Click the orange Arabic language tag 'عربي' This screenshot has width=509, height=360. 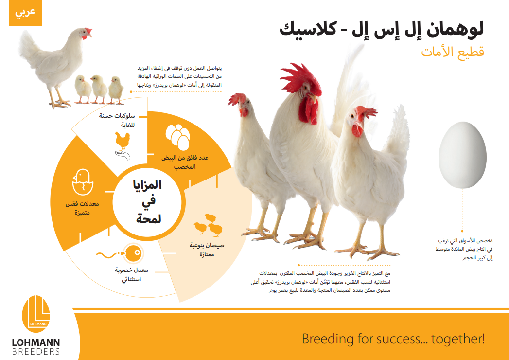[25, 13]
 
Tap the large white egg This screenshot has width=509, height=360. [462, 155]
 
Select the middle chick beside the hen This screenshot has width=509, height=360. [99, 89]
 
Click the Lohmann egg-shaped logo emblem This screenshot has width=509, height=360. [36, 314]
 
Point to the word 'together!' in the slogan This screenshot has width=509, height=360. [458, 339]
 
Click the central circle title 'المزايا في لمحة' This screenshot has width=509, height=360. [148, 202]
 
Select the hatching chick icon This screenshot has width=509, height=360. [83, 182]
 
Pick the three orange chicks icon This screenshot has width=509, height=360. [208, 225]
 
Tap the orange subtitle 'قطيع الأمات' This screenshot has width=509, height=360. [453, 52]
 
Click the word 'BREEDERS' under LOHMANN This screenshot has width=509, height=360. [36, 352]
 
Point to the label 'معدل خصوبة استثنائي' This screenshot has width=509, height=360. [131, 274]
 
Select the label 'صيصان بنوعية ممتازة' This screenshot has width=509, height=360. [207, 250]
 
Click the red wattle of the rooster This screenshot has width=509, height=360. [308, 110]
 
